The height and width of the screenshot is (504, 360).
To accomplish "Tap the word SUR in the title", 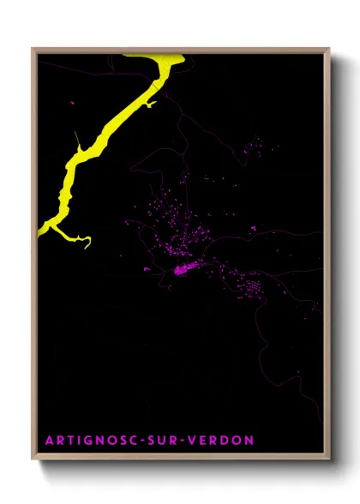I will coord(167,441).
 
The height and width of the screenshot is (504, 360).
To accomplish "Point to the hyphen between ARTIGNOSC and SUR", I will coord(146,441).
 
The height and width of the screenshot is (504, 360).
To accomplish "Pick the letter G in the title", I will coord(88,441).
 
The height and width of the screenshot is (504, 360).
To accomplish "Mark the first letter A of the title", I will coord(48,441).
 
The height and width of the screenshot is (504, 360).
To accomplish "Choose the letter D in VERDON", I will coord(226,441).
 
